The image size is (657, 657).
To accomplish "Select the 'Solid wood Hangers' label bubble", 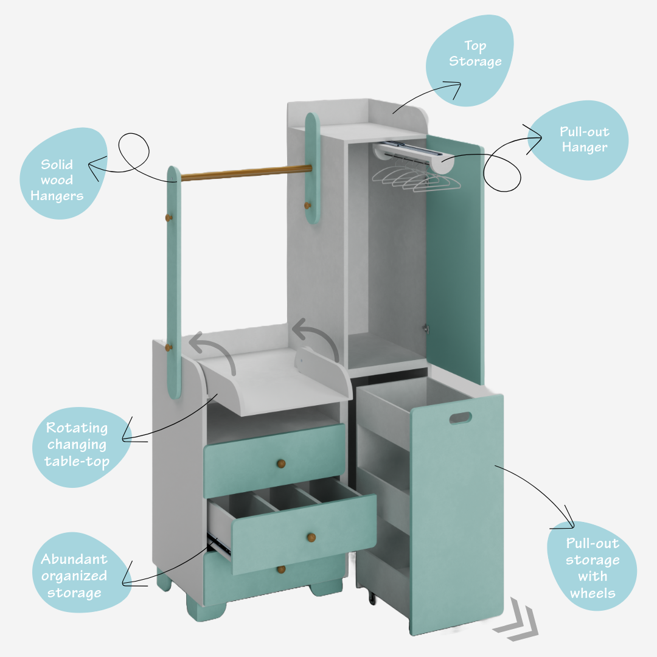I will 63,180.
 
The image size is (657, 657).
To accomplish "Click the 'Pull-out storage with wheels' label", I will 591,568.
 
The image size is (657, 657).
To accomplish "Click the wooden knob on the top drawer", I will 281,464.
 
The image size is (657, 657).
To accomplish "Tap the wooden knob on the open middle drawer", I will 311,537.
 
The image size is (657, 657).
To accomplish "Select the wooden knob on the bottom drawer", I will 281,569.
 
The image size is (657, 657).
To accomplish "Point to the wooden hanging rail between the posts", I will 246,173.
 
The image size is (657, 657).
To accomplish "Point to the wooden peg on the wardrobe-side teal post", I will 307,206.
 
